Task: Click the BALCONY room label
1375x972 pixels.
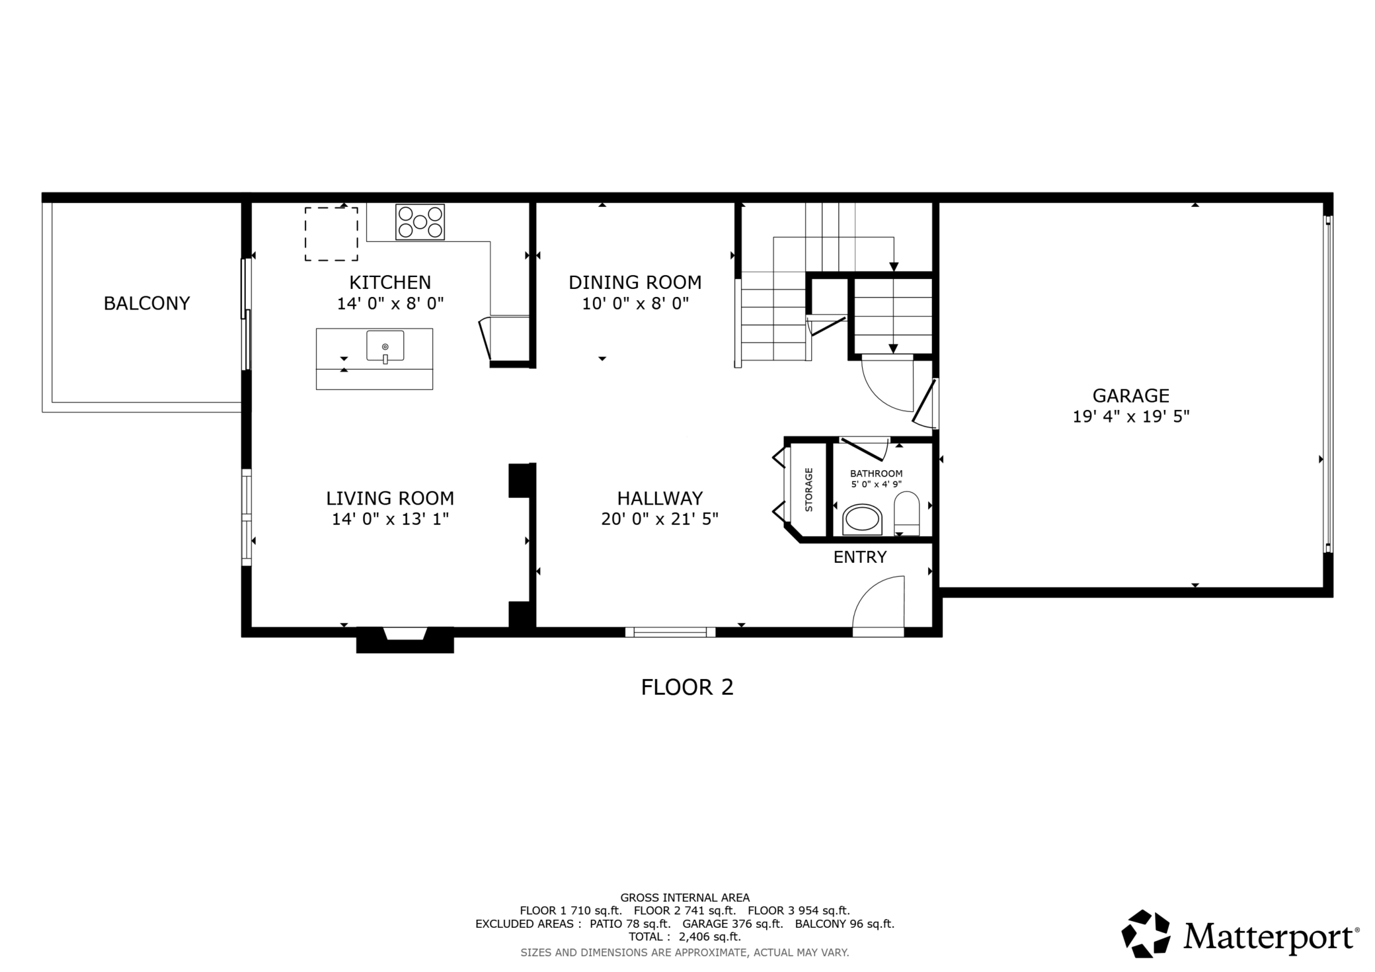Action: click(x=147, y=304)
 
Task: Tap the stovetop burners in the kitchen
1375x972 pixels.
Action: click(x=420, y=222)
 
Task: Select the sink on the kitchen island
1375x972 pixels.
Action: click(x=385, y=346)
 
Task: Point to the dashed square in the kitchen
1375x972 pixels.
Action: click(x=331, y=234)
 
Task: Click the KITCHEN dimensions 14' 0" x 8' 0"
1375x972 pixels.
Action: click(x=390, y=304)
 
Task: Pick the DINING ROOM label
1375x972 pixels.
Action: click(x=635, y=282)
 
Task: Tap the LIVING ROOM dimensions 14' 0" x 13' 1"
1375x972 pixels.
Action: click(x=390, y=519)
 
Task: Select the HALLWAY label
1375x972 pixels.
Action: click(x=660, y=498)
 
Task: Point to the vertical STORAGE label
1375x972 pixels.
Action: click(x=808, y=490)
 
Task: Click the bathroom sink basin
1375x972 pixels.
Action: click(x=863, y=520)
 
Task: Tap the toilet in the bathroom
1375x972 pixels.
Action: click(x=906, y=513)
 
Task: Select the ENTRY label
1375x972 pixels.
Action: click(x=860, y=557)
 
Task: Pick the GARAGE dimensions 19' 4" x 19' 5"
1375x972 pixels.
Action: click(x=1131, y=417)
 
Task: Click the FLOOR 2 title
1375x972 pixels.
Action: click(x=687, y=688)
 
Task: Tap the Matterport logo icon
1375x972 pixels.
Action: click(x=1146, y=934)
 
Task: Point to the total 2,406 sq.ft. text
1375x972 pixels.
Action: click(x=684, y=937)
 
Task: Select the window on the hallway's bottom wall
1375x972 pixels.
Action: click(x=670, y=632)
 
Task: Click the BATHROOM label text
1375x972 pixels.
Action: click(x=876, y=473)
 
